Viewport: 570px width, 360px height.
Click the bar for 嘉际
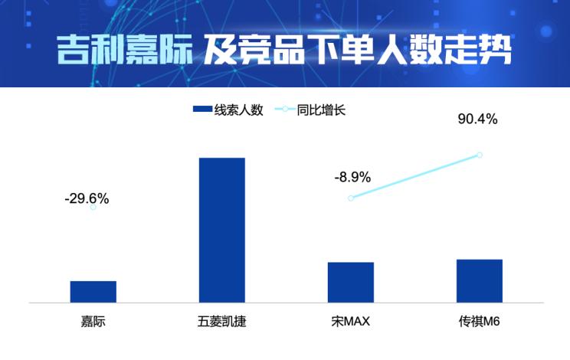93,291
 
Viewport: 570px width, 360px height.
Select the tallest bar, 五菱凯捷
222,230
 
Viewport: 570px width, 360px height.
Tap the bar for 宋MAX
351,282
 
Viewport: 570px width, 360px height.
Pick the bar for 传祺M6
480,280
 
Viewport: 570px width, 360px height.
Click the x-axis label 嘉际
93,321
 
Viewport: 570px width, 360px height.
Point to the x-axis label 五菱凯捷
222,321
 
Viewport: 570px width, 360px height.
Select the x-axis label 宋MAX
351,321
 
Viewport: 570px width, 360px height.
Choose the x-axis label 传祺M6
480,321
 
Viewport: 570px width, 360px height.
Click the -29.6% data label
87,199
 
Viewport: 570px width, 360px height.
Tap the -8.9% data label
352,178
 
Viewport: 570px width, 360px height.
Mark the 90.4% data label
477,119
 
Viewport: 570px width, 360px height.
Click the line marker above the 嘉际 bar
93,207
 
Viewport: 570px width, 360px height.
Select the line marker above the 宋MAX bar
351,198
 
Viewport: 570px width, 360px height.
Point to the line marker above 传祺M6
480,155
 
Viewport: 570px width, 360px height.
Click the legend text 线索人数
239,110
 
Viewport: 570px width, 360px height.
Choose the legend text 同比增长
321,110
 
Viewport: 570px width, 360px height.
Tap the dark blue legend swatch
202,110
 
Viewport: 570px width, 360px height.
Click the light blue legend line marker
285,110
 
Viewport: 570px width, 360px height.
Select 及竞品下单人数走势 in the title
357,50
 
